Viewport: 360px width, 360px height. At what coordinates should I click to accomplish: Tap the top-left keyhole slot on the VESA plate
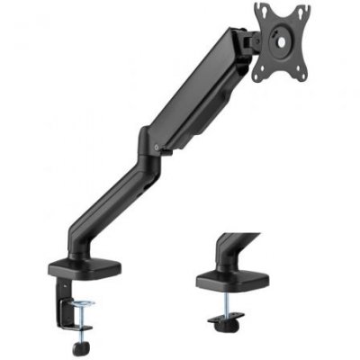coord(262,11)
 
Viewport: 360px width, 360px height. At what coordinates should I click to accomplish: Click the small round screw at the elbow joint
coord(158,148)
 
